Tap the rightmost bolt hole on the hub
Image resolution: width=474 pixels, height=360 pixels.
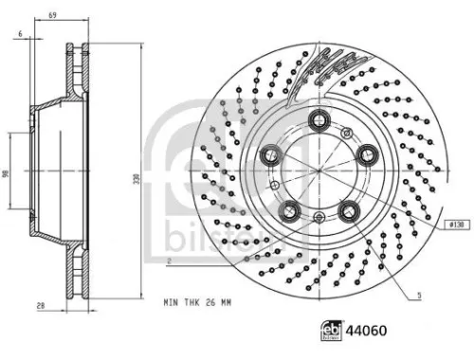[363, 152]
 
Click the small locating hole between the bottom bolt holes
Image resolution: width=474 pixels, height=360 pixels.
[318, 218]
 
